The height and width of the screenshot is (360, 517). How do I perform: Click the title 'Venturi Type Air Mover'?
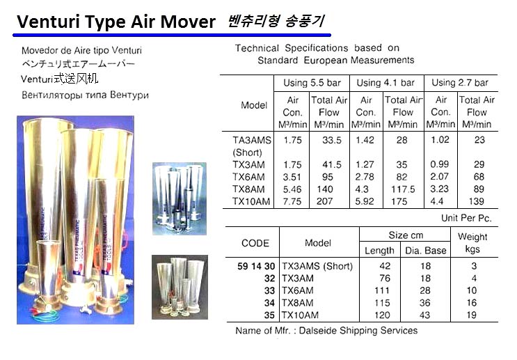116,22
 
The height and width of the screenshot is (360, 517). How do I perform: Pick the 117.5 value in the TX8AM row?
403,189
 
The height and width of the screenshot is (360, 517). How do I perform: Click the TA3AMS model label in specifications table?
251,141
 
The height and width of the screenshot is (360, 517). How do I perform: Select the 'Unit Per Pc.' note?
467,218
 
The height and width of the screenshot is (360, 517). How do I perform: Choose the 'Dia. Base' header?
425,250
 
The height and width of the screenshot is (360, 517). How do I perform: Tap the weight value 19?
473,314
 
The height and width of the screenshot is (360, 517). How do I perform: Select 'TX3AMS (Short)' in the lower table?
317,266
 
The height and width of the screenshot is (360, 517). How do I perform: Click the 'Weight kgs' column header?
473,243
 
